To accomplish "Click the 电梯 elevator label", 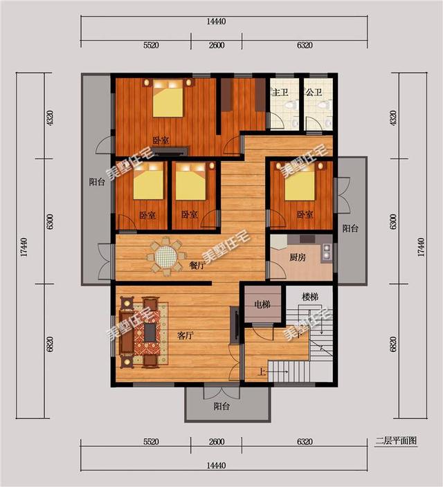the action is click(x=262, y=304).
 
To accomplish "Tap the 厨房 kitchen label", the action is click(x=298, y=257).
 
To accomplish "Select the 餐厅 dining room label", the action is click(x=197, y=265).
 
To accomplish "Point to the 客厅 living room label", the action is click(x=186, y=336).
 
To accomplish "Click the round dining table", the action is click(x=166, y=256).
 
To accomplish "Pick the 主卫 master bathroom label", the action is click(x=280, y=92).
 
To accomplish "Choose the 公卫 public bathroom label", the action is click(x=314, y=92).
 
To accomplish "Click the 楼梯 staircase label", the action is click(x=310, y=297).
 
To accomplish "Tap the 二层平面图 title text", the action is click(x=396, y=441).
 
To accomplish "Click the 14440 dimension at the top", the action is click(x=216, y=21).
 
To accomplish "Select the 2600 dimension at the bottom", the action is click(x=217, y=441).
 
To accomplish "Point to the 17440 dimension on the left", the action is click(x=24, y=246).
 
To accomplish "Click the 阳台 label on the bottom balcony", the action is click(x=221, y=406).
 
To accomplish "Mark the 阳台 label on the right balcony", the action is click(x=350, y=228).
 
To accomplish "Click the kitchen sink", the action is click(x=327, y=252).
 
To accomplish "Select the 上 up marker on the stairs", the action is click(x=262, y=371).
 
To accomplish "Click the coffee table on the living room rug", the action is click(x=150, y=332).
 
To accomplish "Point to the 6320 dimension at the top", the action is click(x=305, y=46).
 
